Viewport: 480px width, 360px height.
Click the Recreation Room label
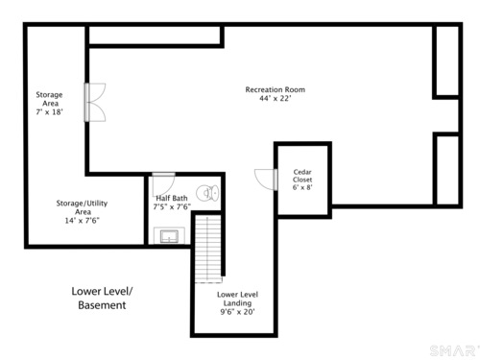coord(276,89)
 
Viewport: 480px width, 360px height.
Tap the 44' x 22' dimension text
coord(276,98)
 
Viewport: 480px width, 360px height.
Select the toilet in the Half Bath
coord(207,193)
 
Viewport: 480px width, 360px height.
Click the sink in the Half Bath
coord(169,236)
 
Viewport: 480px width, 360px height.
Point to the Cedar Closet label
coord(302,176)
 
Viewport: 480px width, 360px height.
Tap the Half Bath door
coord(163,183)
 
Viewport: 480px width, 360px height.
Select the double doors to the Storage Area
coord(95,103)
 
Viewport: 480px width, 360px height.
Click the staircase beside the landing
coord(208,249)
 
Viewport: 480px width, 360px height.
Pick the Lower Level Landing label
coord(237,299)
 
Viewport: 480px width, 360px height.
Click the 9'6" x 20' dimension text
coord(237,312)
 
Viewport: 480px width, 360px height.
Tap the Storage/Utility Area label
coord(83,207)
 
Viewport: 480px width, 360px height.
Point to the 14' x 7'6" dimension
coord(83,221)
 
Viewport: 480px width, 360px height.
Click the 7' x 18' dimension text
coord(49,112)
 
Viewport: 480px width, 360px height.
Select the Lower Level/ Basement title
coord(102,298)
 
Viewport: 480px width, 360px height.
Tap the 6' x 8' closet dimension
coord(302,187)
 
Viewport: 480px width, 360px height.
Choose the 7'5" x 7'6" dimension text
coord(172,207)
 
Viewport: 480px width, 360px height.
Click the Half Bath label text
coord(172,198)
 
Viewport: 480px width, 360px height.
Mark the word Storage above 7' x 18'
coord(49,95)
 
